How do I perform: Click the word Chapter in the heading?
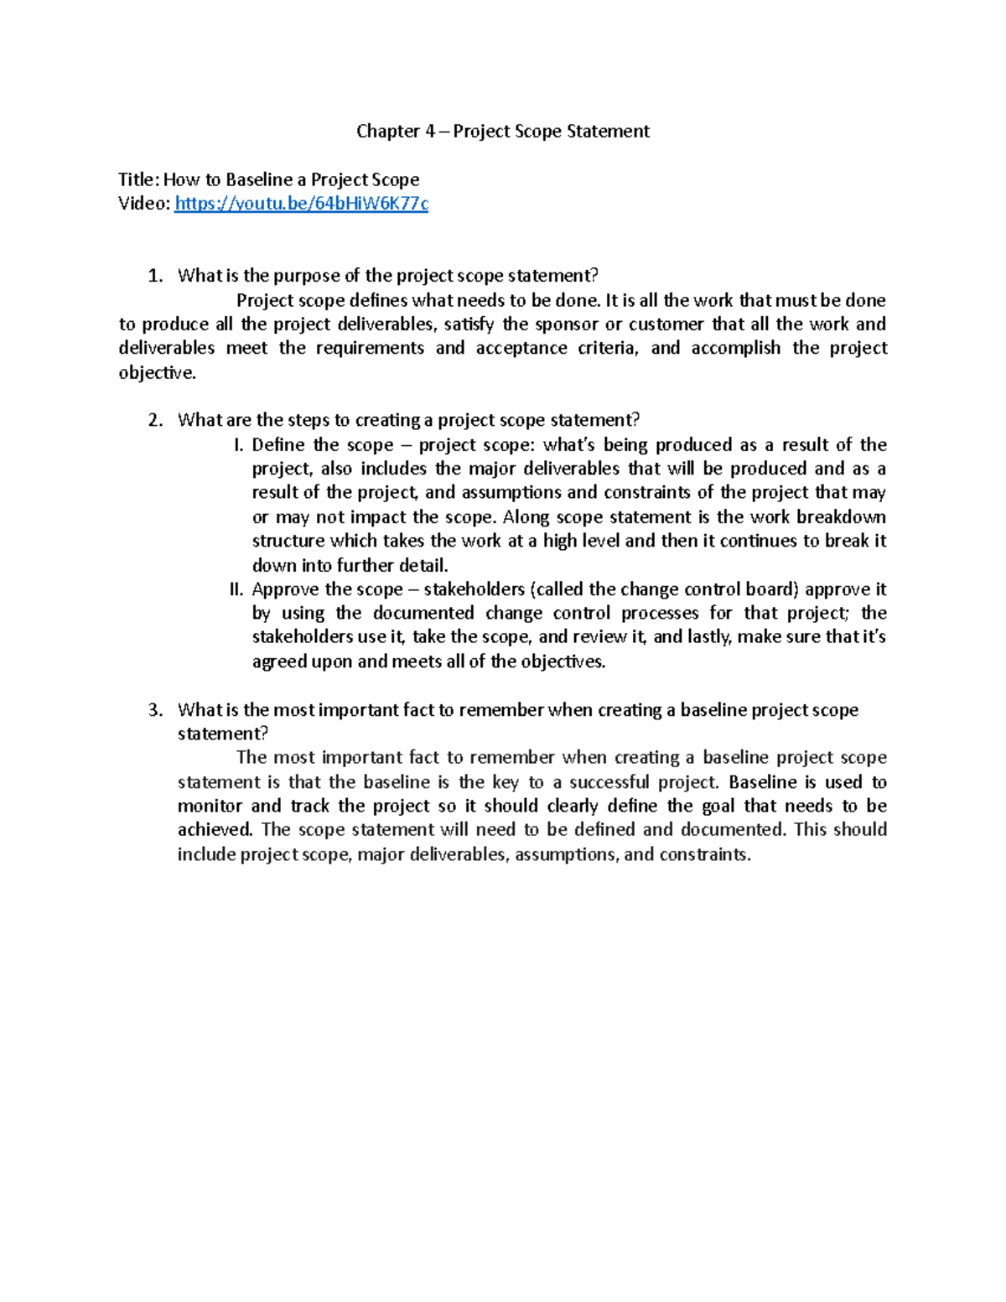coord(388,131)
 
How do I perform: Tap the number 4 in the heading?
coord(428,131)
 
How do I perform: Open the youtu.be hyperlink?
coord(301,204)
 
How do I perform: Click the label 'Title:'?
coord(137,179)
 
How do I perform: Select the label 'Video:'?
coord(144,204)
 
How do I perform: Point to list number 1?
coord(154,276)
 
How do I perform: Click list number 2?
coord(154,420)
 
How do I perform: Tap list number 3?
coord(154,710)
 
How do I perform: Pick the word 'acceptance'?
coord(521,348)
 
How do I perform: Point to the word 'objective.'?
coord(158,373)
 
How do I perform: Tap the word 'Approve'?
coord(285,589)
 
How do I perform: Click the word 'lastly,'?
coord(709,637)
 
